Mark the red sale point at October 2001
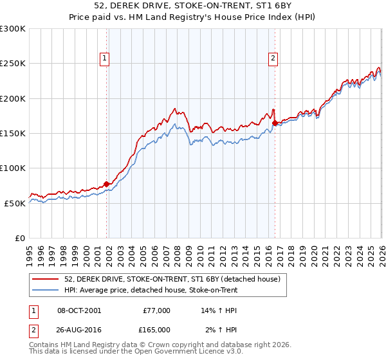click(106, 184)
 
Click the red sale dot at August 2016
click(275, 123)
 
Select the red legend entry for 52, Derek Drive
click(172, 280)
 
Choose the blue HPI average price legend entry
click(151, 291)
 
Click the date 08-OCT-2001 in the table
click(79, 310)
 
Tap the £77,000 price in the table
click(156, 310)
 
